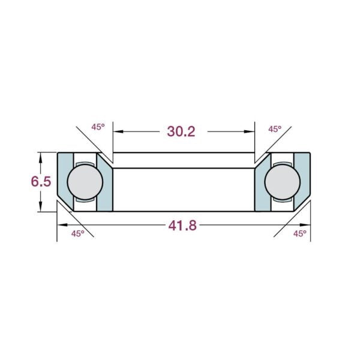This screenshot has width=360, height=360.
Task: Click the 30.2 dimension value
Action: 181,131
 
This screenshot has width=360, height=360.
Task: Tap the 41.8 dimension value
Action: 182,226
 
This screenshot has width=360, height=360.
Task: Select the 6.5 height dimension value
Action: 41,182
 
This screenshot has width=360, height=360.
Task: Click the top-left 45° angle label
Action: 98,127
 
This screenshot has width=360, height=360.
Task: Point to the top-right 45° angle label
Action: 275,129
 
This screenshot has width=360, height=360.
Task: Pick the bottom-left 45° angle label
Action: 77,234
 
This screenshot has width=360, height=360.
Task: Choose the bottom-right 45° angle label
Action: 300,234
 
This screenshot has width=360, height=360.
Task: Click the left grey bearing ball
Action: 85,182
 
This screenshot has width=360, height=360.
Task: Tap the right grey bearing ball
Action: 283,182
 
